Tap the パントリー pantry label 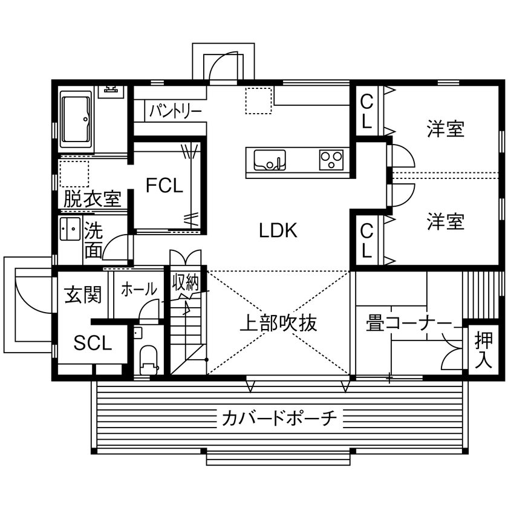tap(175, 110)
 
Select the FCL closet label tap(164, 186)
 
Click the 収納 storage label tap(185, 282)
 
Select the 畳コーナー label tap(408, 323)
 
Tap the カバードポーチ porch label tap(279, 417)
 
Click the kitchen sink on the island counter tap(270, 161)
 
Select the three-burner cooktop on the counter tap(331, 160)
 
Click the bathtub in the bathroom tap(76, 120)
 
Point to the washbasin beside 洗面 tap(71, 229)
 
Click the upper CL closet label tap(366, 111)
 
